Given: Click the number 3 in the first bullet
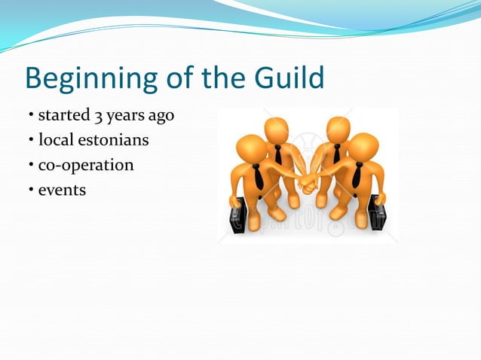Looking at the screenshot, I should tap(96, 116).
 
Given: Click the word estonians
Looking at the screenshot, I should tap(113, 140).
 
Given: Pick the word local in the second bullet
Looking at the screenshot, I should tap(56, 140).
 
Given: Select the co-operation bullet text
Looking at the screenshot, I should tap(85, 165).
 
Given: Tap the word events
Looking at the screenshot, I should tap(62, 190).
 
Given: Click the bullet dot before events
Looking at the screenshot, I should tap(32, 190).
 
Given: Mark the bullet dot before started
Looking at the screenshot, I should tap(32, 116).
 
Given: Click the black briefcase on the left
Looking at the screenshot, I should tap(239, 215).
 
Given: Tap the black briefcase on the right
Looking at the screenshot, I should tap(377, 212).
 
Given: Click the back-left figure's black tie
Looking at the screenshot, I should tap(277, 154).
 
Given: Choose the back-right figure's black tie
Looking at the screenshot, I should tap(336, 153).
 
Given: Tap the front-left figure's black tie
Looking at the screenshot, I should tap(259, 177).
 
